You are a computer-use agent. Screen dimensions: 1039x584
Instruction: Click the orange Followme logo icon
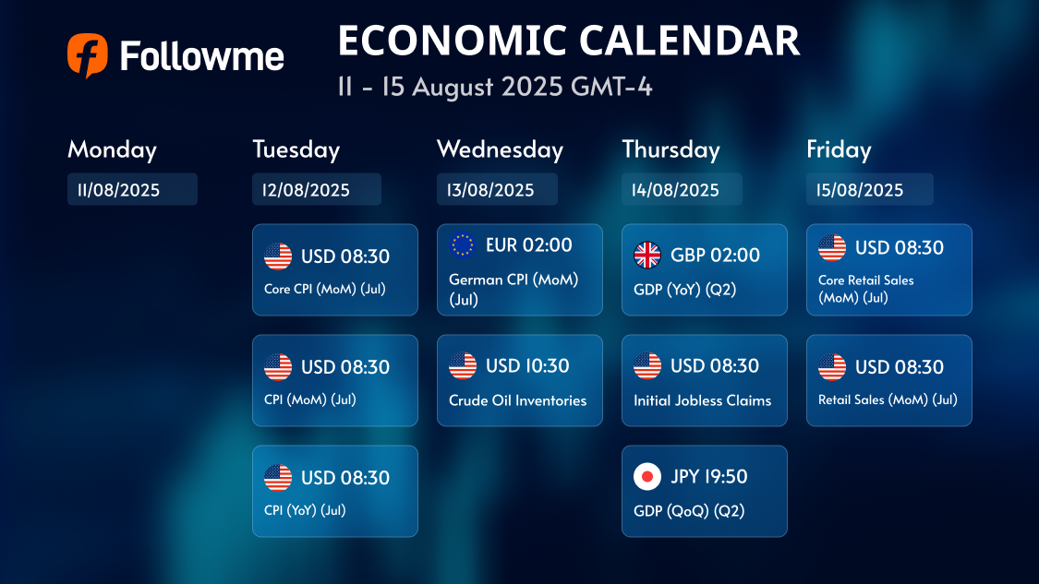(88, 55)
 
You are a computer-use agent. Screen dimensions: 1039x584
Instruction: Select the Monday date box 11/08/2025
(132, 189)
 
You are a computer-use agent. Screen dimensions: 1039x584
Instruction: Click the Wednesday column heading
(500, 149)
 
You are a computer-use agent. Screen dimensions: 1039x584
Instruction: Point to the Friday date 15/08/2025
(860, 190)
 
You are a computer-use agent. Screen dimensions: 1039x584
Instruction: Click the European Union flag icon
(463, 245)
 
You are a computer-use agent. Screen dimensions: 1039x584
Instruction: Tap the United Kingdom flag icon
(647, 255)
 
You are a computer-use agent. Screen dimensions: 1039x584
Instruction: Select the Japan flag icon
(647, 477)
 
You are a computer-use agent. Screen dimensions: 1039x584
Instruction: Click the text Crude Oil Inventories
(517, 400)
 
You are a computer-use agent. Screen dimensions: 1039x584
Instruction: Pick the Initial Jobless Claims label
(703, 400)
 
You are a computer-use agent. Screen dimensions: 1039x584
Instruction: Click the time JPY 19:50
(709, 477)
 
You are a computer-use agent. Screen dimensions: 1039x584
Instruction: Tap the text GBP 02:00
(715, 255)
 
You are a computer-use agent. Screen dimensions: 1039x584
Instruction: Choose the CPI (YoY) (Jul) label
(305, 510)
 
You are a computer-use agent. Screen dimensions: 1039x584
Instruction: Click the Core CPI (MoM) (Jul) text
(325, 290)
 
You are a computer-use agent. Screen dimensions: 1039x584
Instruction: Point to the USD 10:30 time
(527, 365)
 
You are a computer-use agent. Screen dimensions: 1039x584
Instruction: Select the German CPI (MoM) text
(513, 280)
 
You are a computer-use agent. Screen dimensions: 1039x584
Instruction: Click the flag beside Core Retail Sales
(832, 247)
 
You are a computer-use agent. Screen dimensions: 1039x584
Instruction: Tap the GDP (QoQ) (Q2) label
(689, 511)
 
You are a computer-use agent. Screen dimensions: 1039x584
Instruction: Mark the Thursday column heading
(671, 149)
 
